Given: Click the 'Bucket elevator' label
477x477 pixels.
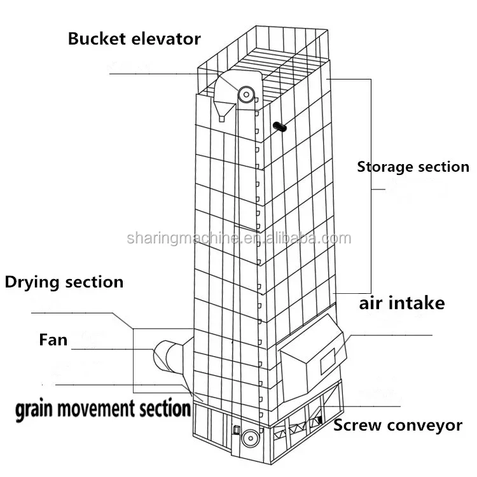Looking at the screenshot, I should [134, 39].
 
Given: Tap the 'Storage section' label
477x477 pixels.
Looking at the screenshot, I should [413, 167].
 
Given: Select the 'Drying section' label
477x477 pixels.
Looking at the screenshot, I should [64, 282].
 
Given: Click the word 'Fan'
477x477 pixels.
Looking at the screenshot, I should [53, 340].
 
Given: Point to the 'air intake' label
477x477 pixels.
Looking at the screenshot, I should [401, 303].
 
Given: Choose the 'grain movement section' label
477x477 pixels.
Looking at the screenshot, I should [103, 408].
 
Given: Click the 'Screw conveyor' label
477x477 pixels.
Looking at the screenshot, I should [397, 425].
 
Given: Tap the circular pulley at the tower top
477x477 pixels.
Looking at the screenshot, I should [245, 95].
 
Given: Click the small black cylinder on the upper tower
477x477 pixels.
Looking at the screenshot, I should [279, 127].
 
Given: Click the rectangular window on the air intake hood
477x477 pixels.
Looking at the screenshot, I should [327, 363].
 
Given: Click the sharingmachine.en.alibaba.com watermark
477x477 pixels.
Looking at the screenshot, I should [238, 239].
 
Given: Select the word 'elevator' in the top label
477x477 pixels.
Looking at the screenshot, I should [166, 39].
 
